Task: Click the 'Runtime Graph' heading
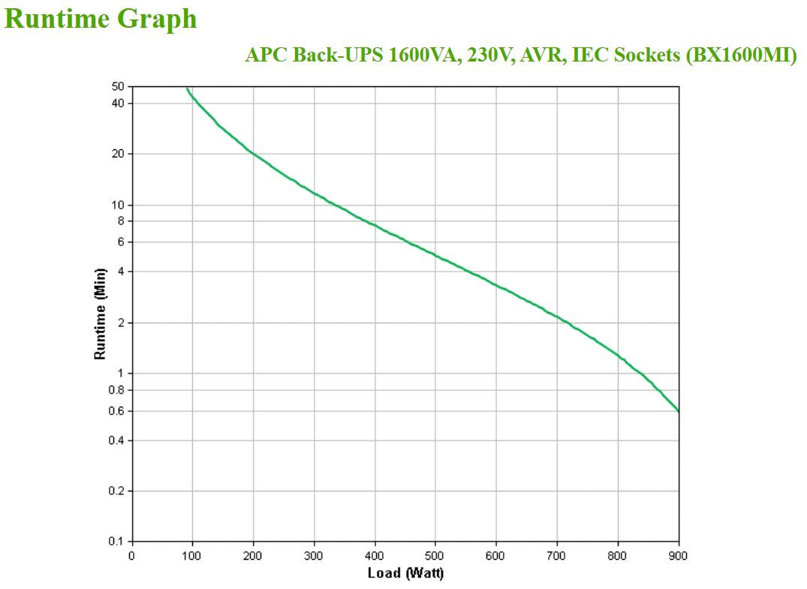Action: (x=101, y=19)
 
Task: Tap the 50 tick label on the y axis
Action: (x=119, y=87)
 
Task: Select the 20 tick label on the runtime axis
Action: (x=119, y=154)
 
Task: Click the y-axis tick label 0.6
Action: (x=116, y=411)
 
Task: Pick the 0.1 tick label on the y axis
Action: (x=116, y=541)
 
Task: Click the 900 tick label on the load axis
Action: (x=679, y=556)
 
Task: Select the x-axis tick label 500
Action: (x=435, y=556)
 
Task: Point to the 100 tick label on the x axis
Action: (x=192, y=556)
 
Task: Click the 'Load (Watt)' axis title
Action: (x=405, y=574)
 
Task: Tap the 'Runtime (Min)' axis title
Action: (x=100, y=314)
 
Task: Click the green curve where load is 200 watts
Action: (x=253, y=154)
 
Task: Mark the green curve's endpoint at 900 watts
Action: (x=679, y=411)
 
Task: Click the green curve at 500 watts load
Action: (x=435, y=255)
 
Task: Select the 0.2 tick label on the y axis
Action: (x=116, y=491)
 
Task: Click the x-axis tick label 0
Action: (x=132, y=556)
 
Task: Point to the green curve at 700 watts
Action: (x=557, y=317)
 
